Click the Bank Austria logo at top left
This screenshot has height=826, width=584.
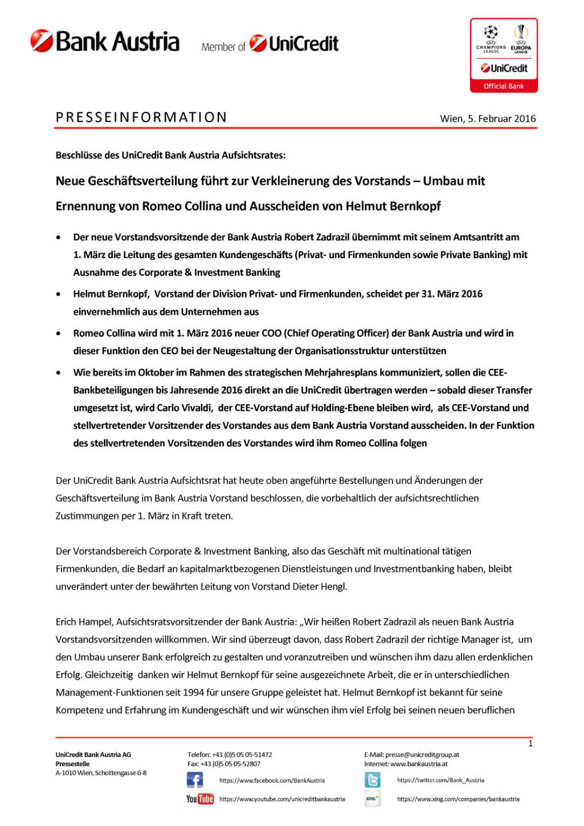[x=105, y=41]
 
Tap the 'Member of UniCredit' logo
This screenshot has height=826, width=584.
[x=270, y=44]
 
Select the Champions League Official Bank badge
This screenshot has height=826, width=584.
[x=504, y=55]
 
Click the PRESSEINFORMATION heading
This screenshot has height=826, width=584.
[x=141, y=118]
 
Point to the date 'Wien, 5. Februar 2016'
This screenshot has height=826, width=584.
[x=488, y=119]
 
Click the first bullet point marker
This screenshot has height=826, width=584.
[x=59, y=237]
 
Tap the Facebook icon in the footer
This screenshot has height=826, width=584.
[x=194, y=780]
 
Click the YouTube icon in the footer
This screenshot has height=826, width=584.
[x=200, y=798]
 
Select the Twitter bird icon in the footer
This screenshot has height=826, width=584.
[x=372, y=780]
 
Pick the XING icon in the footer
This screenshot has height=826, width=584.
[x=372, y=798]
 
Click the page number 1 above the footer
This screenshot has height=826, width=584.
[x=530, y=743]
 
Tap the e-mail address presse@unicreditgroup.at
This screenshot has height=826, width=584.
[x=422, y=755]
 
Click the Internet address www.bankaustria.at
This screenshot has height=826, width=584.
[x=419, y=764]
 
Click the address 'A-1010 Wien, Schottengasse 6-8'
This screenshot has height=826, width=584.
[x=101, y=773]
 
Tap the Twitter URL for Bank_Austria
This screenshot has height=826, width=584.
[x=441, y=780]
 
